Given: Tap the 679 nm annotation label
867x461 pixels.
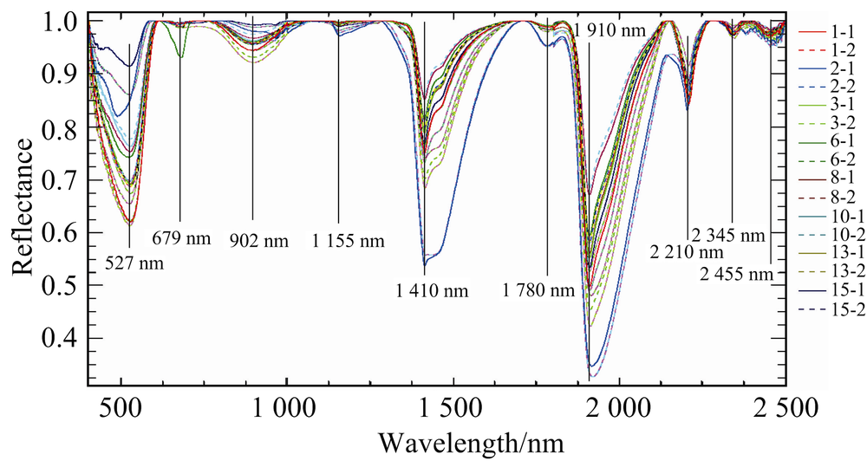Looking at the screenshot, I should point(182,237).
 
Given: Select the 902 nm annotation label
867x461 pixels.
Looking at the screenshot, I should point(257,238).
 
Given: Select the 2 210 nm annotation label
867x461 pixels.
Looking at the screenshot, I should point(686,252).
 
